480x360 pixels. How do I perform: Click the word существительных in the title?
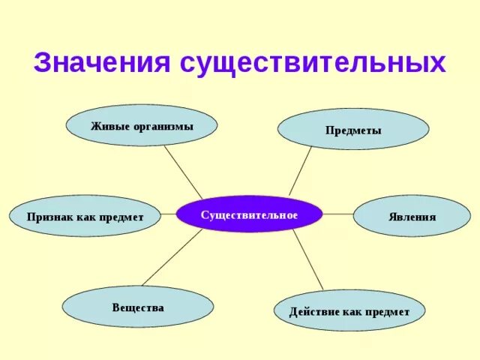(313, 62)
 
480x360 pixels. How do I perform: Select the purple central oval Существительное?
(249, 214)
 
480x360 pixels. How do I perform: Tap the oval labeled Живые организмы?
(142, 126)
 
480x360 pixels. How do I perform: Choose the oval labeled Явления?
(412, 217)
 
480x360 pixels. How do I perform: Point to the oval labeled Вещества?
(137, 307)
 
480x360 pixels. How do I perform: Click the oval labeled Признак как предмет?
(85, 216)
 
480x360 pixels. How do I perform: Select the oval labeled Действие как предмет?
(349, 310)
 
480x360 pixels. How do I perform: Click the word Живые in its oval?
(108, 126)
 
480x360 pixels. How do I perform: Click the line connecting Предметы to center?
(301, 172)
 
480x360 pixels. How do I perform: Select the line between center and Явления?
(337, 214)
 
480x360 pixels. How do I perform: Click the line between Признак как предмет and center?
(170, 215)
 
